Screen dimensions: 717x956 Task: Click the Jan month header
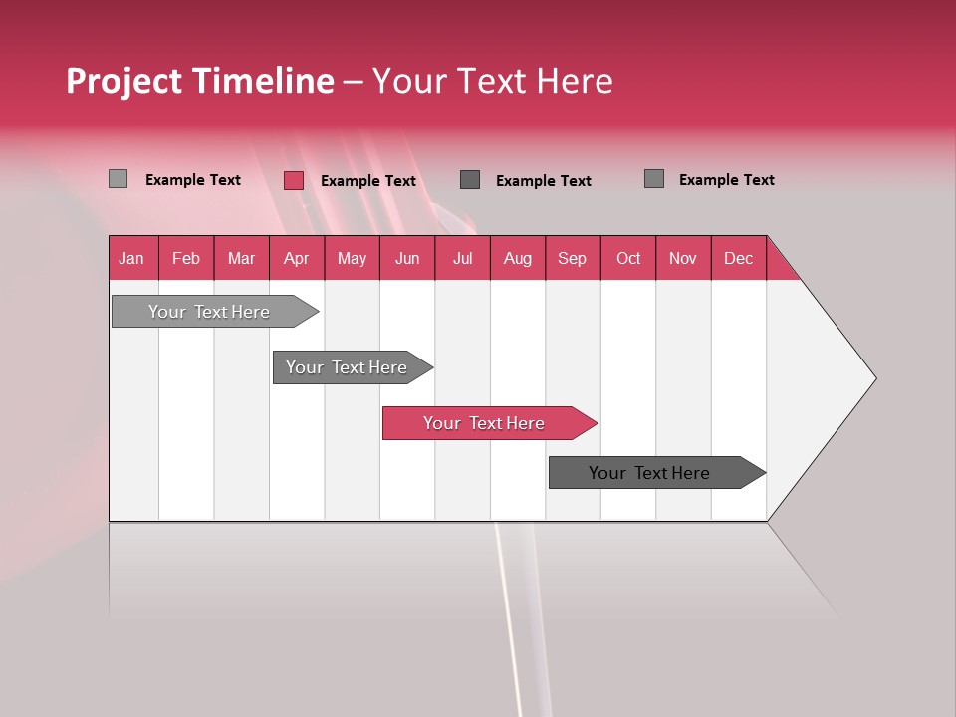[x=131, y=258]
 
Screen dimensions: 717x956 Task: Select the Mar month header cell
[x=241, y=258]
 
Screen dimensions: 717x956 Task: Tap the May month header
[x=352, y=258]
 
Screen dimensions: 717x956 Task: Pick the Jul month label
[x=462, y=258]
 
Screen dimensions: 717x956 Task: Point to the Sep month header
[x=572, y=258]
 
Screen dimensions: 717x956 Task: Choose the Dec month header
[x=738, y=258]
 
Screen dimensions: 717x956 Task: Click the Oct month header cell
[x=628, y=258]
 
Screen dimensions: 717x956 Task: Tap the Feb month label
[x=186, y=258]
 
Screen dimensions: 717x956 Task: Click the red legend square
[x=294, y=180]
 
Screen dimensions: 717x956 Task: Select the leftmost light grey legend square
[x=118, y=179]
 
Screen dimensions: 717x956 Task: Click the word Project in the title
[x=124, y=81]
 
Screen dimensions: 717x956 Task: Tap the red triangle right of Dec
[x=780, y=266]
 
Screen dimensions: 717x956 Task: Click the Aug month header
[x=517, y=258]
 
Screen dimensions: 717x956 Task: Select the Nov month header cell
[x=682, y=258]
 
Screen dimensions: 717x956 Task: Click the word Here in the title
[x=575, y=81]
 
